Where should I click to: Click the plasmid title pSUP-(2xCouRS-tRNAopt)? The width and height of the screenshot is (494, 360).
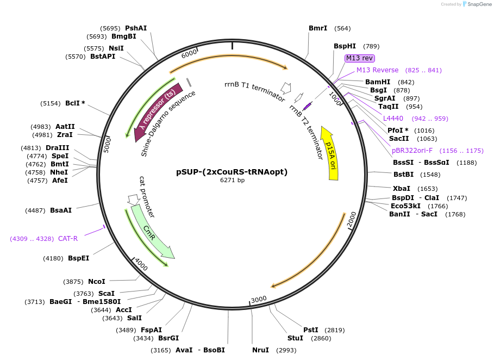click(232, 172)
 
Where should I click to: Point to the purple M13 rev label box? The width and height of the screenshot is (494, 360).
click(359, 58)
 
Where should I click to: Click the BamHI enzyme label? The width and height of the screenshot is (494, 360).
click(378, 82)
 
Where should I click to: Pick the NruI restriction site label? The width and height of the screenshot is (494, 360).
click(260, 350)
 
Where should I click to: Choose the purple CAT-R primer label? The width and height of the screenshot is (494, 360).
click(68, 238)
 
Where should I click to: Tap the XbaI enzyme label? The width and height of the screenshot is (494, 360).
click(402, 188)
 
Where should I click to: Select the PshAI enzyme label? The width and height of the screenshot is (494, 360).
click(136, 28)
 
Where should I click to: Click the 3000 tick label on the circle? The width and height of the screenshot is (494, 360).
click(259, 299)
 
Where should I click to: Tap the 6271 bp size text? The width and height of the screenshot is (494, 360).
click(232, 181)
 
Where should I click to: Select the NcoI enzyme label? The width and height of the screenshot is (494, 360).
click(97, 281)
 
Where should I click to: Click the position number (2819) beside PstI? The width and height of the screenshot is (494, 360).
click(334, 330)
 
